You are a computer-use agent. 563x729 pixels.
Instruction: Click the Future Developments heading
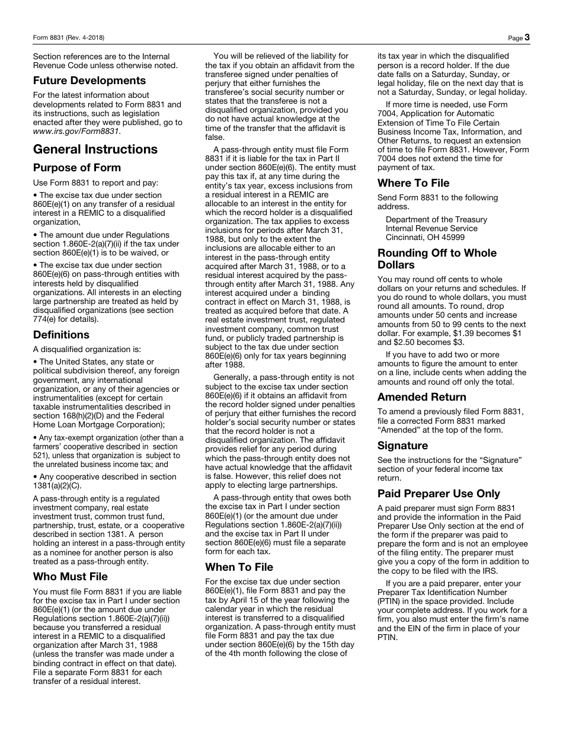point(89,81)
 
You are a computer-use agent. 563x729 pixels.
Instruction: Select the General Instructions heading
point(95,149)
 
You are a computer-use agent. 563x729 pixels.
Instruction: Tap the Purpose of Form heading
point(77,168)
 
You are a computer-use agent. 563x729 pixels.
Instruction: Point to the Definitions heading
point(61,335)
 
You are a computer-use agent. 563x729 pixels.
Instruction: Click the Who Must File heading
point(71,577)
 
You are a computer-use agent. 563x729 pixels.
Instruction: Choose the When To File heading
point(239,567)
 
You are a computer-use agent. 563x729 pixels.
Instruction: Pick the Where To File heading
point(414,183)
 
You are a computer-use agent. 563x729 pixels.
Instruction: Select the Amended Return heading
point(422,397)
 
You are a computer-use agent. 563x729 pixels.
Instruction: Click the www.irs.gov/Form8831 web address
point(76,132)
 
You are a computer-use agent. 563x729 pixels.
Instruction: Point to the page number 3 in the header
point(527,37)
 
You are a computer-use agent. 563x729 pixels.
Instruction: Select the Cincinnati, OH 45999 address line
point(425,237)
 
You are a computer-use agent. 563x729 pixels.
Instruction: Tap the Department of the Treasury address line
point(436,219)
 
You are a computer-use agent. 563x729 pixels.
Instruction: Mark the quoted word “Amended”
point(399,430)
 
